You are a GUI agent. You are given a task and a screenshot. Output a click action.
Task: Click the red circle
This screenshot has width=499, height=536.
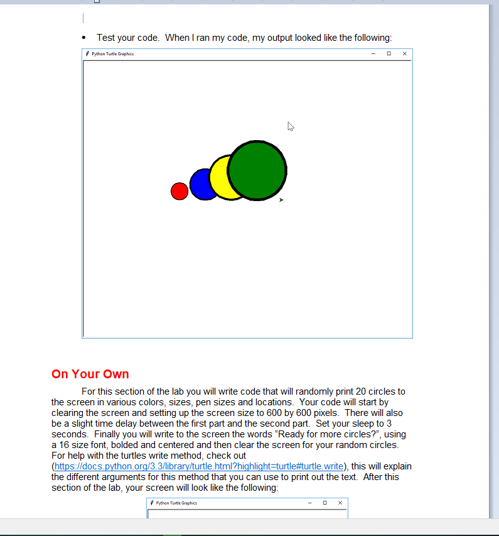pyautogui.click(x=180, y=191)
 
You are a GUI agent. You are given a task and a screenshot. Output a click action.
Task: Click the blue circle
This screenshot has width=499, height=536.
pyautogui.click(x=200, y=185)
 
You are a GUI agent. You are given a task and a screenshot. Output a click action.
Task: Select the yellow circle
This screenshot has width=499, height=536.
pyautogui.click(x=219, y=177)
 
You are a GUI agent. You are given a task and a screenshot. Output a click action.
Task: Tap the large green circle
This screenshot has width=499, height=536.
pyautogui.click(x=257, y=170)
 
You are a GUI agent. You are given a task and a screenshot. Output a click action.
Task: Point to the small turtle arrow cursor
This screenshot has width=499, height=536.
pyautogui.click(x=281, y=200)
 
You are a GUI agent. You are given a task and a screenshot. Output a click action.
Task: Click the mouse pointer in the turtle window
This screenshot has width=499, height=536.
pyautogui.click(x=291, y=126)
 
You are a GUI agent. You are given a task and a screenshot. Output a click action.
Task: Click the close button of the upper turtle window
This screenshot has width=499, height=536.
pyautogui.click(x=404, y=53)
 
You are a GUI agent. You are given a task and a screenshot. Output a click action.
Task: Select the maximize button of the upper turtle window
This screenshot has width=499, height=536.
pyautogui.click(x=389, y=53)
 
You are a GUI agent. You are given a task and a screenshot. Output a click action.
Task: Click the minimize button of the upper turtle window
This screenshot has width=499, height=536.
pyautogui.click(x=373, y=53)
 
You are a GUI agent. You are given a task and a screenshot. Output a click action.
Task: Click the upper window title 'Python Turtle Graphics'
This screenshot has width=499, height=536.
pyautogui.click(x=112, y=54)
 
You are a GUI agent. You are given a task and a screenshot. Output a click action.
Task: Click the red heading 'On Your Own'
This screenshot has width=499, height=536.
pyautogui.click(x=90, y=374)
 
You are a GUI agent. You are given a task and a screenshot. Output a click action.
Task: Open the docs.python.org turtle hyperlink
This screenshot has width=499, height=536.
pyautogui.click(x=199, y=466)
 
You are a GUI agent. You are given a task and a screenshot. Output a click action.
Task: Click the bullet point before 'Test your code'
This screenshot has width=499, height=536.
pyautogui.click(x=84, y=38)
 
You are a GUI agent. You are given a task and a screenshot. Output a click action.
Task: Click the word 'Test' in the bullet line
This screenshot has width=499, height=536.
pyautogui.click(x=106, y=38)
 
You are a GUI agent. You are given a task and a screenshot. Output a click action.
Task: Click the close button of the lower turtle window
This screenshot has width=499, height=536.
pyautogui.click(x=340, y=503)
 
